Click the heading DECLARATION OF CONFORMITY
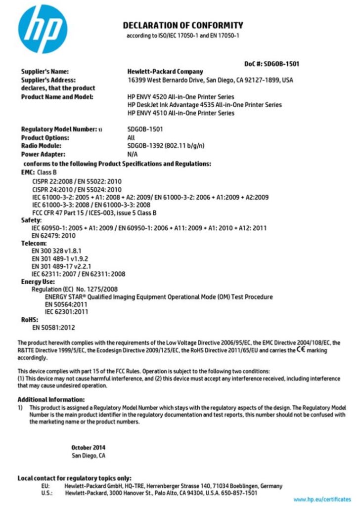(x=183, y=25)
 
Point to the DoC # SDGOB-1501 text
(x=271, y=64)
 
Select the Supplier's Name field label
(x=45, y=72)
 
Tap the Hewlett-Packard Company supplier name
(x=165, y=72)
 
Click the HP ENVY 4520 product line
(x=180, y=97)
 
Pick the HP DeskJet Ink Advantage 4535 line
(x=204, y=105)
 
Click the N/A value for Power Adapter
(x=132, y=154)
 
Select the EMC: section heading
(x=28, y=172)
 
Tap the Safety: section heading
(x=31, y=219)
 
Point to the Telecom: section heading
(x=34, y=244)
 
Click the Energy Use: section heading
(x=38, y=282)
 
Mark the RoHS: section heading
(x=29, y=320)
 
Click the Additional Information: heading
(x=51, y=399)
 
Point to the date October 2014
(x=88, y=448)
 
